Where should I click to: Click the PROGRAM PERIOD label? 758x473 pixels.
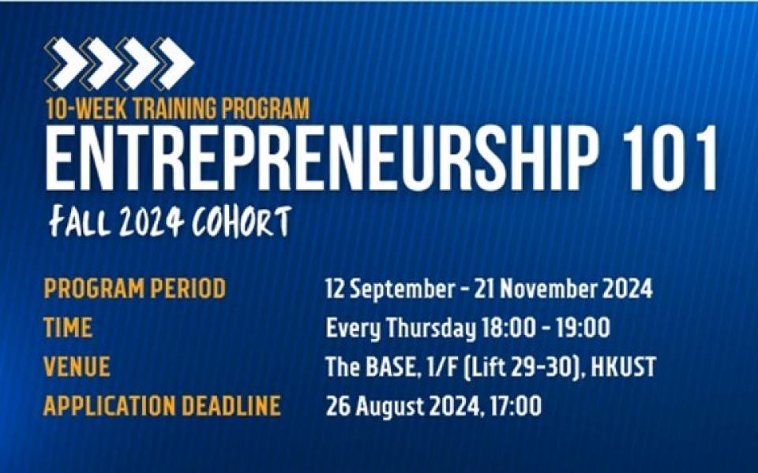135,289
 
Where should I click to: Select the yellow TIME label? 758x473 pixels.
68,328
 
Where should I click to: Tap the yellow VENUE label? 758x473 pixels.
77,367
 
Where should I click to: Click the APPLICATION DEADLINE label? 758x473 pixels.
162,406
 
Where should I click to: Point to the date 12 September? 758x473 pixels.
389,289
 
